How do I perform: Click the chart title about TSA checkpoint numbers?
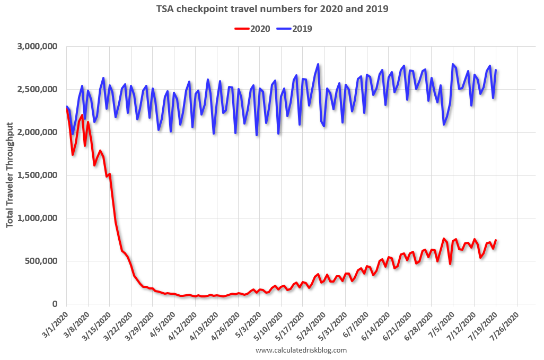[x=271, y=9]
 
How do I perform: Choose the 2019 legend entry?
[x=294, y=29]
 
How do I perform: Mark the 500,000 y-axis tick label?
[x=42, y=261]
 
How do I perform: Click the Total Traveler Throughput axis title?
[x=10, y=175]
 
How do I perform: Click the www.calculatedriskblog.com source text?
[x=301, y=350]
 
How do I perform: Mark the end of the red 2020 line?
[x=496, y=240]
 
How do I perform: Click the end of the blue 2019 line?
[x=496, y=70]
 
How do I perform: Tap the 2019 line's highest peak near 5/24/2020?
[x=318, y=64]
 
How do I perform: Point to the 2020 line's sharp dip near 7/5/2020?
[x=450, y=264]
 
